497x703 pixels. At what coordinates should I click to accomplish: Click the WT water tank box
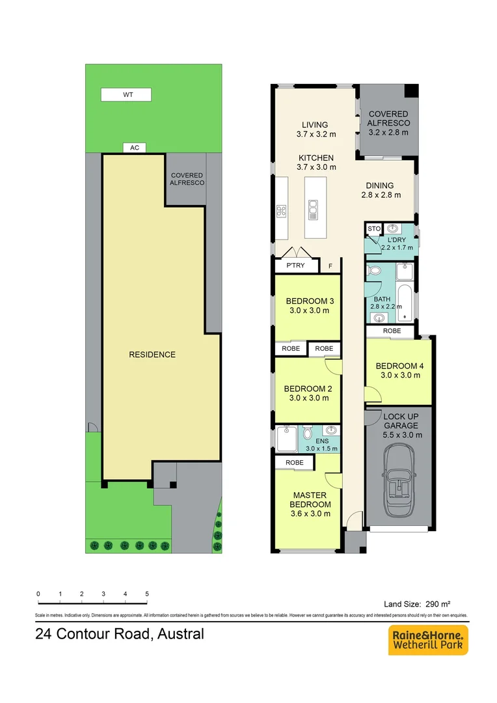(x=126, y=95)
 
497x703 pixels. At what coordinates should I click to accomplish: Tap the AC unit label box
(x=135, y=148)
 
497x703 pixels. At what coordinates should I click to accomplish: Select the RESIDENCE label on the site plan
(x=152, y=355)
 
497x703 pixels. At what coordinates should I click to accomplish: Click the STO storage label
(x=373, y=229)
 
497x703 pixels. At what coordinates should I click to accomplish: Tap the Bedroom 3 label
(x=310, y=301)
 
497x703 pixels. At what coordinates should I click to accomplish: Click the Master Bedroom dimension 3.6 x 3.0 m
(x=310, y=514)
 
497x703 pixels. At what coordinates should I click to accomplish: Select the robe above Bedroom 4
(x=392, y=331)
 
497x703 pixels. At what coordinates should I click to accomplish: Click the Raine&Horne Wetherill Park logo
(x=428, y=641)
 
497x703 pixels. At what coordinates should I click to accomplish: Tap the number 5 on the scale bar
(x=147, y=594)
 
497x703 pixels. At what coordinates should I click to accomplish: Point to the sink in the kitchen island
(x=314, y=208)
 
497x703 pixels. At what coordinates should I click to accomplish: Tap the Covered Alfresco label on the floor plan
(x=388, y=118)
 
